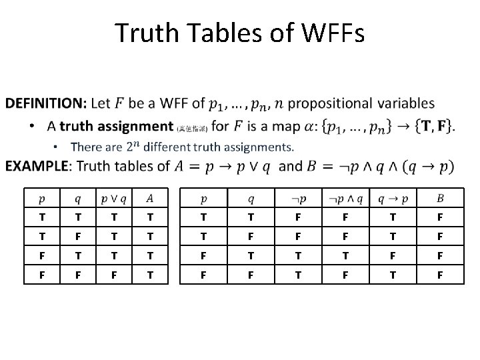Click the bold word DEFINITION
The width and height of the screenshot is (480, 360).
(x=45, y=103)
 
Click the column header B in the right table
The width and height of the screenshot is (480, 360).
(x=439, y=197)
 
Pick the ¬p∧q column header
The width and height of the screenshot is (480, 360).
(x=344, y=197)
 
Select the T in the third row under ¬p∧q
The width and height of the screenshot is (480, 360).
(x=344, y=255)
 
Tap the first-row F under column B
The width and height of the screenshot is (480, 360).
(x=439, y=217)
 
